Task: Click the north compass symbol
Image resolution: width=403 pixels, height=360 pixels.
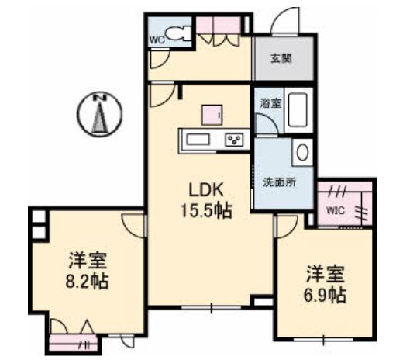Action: point(98,115)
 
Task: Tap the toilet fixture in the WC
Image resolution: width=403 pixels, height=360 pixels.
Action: point(177,35)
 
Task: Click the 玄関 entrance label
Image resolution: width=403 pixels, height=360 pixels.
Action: point(281,57)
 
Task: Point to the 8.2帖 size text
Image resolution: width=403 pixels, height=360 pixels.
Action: point(86,279)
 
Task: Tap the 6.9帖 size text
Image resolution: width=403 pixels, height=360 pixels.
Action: point(325,295)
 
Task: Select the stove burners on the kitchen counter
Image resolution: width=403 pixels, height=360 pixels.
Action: point(233,140)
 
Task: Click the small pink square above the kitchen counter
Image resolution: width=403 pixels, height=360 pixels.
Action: point(212,114)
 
